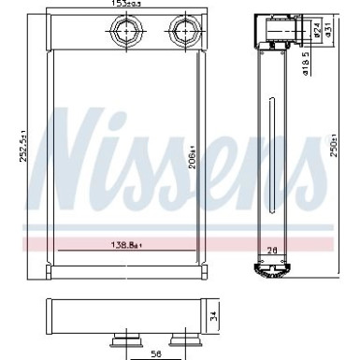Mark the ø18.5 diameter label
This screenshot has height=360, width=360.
(305, 66)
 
